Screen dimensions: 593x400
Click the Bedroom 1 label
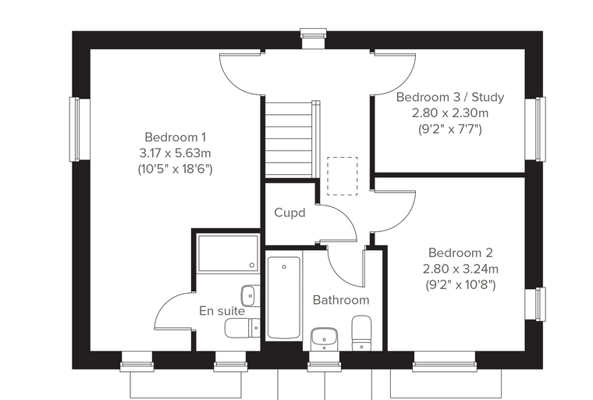(x=175, y=137)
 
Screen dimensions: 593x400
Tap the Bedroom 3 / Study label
(x=450, y=98)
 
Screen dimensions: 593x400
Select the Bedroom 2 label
(x=460, y=252)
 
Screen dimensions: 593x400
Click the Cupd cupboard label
(x=289, y=212)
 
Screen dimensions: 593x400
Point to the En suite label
(x=222, y=311)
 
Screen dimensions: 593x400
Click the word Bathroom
(x=341, y=300)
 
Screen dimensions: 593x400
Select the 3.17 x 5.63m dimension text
(x=175, y=153)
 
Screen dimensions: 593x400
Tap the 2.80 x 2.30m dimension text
(x=450, y=112)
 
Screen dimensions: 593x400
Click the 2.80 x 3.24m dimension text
(x=460, y=269)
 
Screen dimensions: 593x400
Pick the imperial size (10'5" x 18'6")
(x=175, y=169)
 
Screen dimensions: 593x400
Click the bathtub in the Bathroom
(x=284, y=298)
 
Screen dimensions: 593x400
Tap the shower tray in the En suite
(x=228, y=253)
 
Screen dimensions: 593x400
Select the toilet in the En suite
(x=243, y=328)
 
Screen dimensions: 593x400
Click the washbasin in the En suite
(x=248, y=296)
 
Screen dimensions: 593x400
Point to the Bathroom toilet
(x=361, y=334)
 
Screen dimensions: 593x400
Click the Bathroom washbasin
(x=324, y=339)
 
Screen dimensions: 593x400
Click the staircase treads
(x=289, y=139)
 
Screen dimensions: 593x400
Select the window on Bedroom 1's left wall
(x=74, y=129)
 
